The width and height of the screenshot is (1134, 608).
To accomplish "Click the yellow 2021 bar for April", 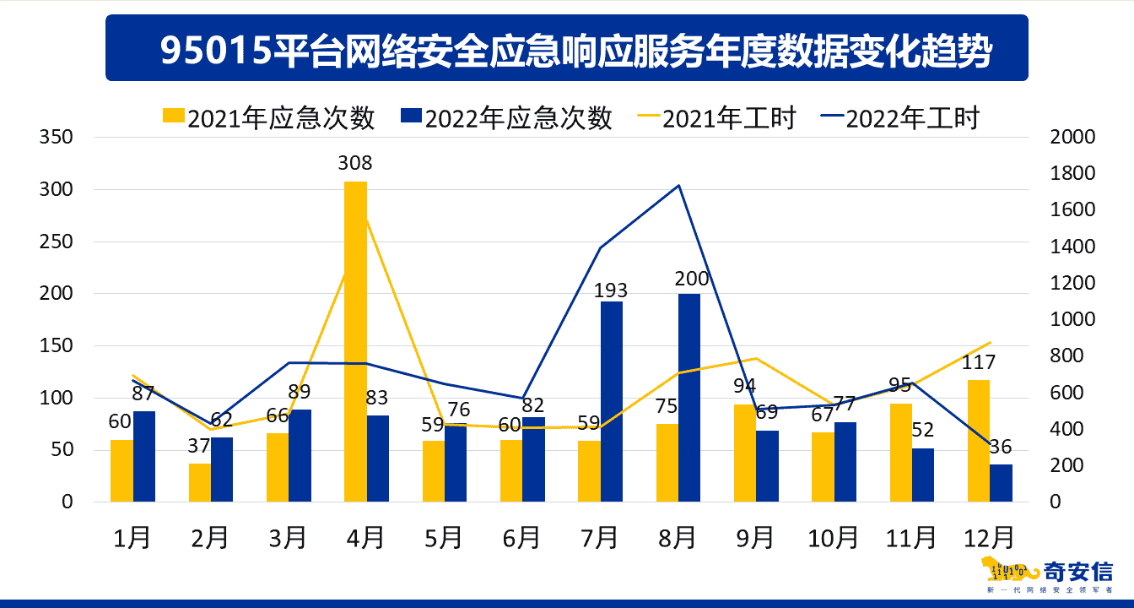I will [355, 341].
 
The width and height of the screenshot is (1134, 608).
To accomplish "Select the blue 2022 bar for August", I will [689, 398].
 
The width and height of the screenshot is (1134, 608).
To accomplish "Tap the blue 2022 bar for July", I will [612, 401].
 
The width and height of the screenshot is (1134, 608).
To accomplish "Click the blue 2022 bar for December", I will [1001, 483].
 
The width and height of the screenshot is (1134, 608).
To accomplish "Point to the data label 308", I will [355, 163].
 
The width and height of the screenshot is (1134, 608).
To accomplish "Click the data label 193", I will [610, 291].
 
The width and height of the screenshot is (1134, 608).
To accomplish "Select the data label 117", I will [979, 362].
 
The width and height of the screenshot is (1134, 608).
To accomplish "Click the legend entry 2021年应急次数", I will [268, 118].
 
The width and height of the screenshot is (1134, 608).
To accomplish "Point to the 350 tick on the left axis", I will [57, 137].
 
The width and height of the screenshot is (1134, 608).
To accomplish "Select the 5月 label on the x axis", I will [443, 537].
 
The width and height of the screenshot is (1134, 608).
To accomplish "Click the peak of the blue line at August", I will [679, 185].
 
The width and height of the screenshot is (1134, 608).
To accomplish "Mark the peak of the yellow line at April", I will [366, 219].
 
